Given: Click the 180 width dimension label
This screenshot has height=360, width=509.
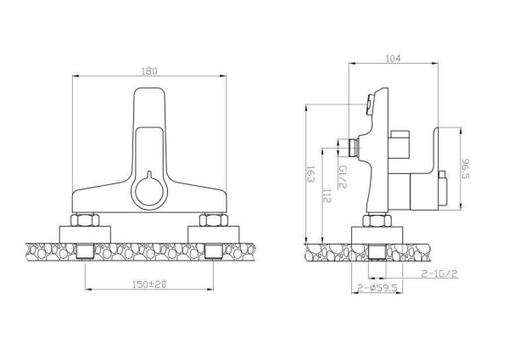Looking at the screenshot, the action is point(149,71).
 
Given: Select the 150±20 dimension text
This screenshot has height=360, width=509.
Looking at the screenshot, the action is point(149,284).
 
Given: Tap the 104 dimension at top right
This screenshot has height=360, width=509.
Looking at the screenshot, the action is point(393,59).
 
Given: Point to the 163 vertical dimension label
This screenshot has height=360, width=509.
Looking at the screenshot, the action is point(310,174).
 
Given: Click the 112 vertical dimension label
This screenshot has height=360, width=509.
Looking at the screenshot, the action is point(327,196).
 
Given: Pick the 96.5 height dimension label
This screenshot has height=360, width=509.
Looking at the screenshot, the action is point(466,169).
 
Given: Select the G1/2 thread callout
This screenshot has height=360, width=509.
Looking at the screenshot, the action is point(343,177).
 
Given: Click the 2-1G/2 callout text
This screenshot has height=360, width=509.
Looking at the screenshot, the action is point(439,274).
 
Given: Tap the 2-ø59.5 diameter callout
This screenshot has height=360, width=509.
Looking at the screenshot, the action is point(378,288).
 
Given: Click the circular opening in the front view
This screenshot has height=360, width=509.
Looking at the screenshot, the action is point(148,191).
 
